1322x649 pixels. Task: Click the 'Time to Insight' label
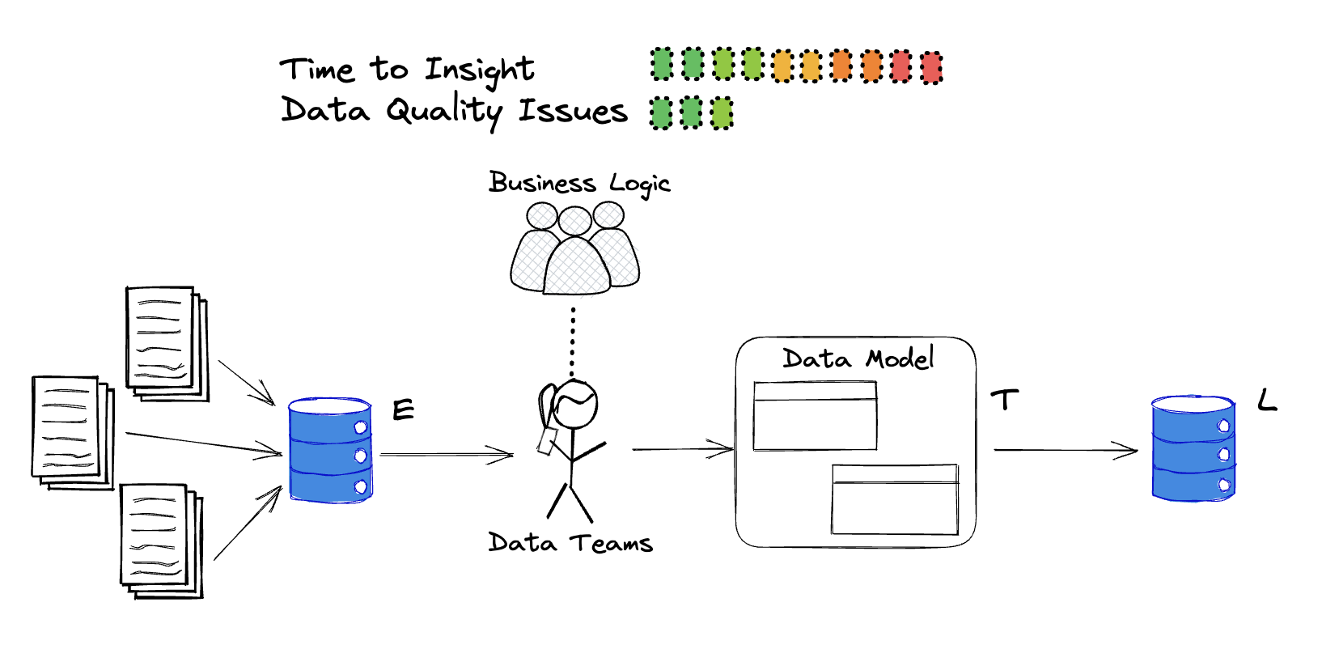coord(407,70)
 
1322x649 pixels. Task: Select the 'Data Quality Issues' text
coord(454,111)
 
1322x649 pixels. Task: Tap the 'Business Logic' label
coord(579,184)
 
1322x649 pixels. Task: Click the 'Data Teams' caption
coord(570,542)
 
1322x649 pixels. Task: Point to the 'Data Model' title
coord(858,358)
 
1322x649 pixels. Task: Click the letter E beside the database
coord(403,410)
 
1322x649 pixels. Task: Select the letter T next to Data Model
coord(1004,400)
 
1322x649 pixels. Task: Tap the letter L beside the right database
coord(1267,400)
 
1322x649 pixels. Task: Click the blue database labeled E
coord(330,450)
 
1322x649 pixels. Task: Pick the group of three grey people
coord(574,251)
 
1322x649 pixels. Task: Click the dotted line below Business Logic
coord(573,340)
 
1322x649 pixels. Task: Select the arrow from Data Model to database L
coord(1065,450)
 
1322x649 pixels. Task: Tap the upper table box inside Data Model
coord(815,416)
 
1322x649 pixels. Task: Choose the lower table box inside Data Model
coord(895,499)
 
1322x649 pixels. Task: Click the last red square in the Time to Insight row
coord(931,67)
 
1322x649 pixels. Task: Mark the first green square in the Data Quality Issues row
coord(661,113)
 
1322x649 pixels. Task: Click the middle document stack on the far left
coord(71,432)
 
